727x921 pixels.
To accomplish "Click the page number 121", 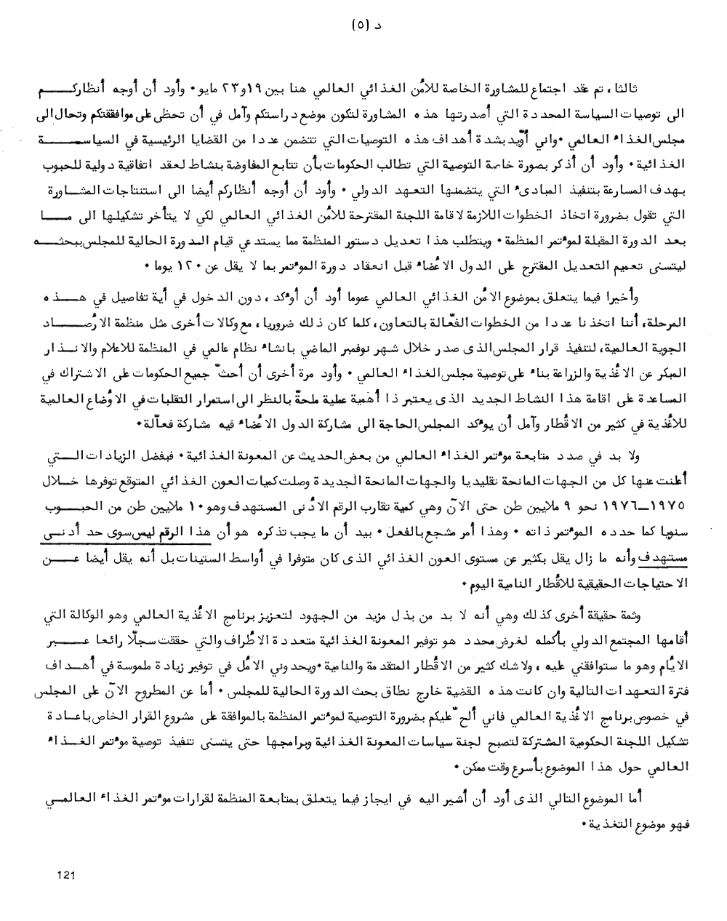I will point(66,875).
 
